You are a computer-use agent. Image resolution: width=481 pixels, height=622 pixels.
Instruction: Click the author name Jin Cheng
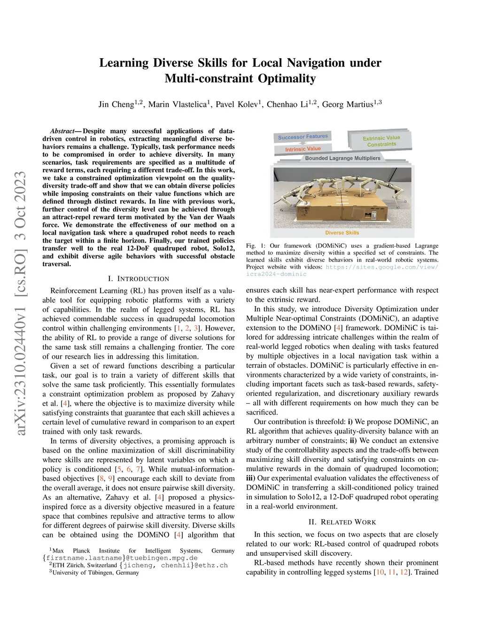coord(116,104)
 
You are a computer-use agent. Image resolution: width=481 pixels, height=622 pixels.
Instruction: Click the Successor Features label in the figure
coord(303,137)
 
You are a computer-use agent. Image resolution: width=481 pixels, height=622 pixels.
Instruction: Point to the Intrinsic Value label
coord(303,149)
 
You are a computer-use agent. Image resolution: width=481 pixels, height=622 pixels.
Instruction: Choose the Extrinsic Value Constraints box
coord(381,141)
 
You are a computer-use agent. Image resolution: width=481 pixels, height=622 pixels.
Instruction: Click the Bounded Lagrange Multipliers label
coord(342,158)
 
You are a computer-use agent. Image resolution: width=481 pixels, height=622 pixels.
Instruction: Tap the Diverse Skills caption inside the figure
coord(342,233)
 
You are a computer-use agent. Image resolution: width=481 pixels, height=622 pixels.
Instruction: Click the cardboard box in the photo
coord(342,207)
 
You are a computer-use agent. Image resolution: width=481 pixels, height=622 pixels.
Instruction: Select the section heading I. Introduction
coord(139,279)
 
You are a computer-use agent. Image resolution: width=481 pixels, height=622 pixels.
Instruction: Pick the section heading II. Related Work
coord(342,522)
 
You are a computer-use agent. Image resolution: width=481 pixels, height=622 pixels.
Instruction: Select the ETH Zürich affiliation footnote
coord(85,565)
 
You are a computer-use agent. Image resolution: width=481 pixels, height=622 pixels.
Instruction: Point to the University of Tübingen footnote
coord(95,572)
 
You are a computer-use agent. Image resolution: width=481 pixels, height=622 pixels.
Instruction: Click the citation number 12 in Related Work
coord(404,572)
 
